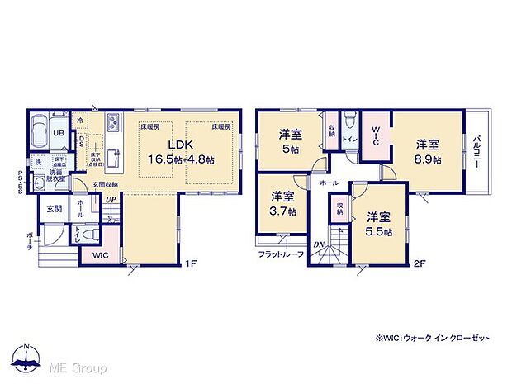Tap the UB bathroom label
59,133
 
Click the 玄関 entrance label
55,208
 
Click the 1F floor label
189,263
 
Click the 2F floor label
420,263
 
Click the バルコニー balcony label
477,152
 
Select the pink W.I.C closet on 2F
374,135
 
